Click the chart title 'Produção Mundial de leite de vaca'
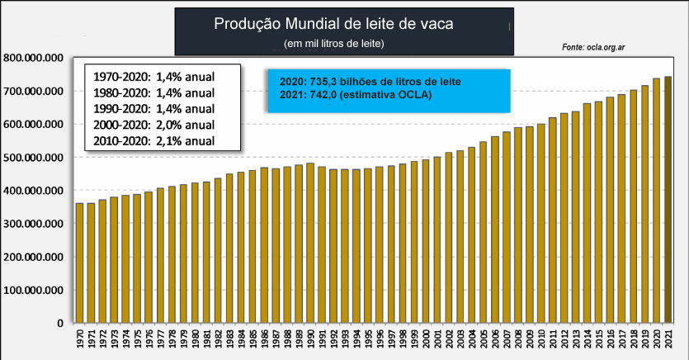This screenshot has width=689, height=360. (344, 24)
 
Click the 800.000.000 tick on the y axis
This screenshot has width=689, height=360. (34, 58)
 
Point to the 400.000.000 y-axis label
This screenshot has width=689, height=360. (34, 191)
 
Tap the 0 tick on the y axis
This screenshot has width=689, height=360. (60, 323)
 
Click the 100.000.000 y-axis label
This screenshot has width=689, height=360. (34, 290)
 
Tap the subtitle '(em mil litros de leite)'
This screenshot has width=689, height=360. (334, 42)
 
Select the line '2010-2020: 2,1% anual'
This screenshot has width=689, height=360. (153, 140)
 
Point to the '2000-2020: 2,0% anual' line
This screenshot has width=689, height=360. (153, 124)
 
